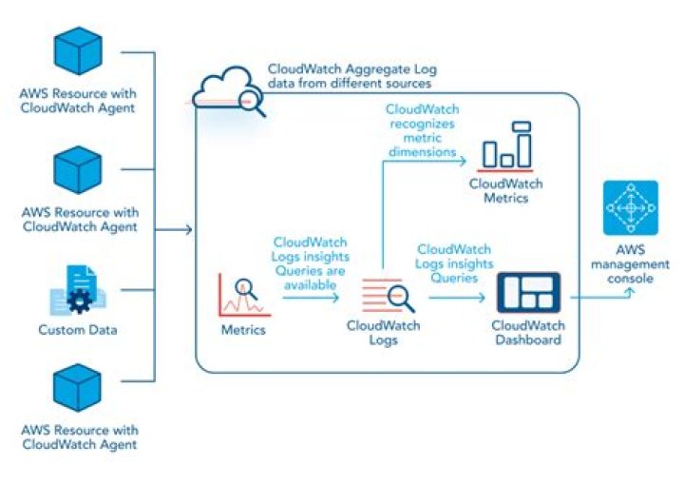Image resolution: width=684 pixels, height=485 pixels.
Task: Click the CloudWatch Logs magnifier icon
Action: click(389, 298)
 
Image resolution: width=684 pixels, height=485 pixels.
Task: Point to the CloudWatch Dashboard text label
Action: click(527, 333)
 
